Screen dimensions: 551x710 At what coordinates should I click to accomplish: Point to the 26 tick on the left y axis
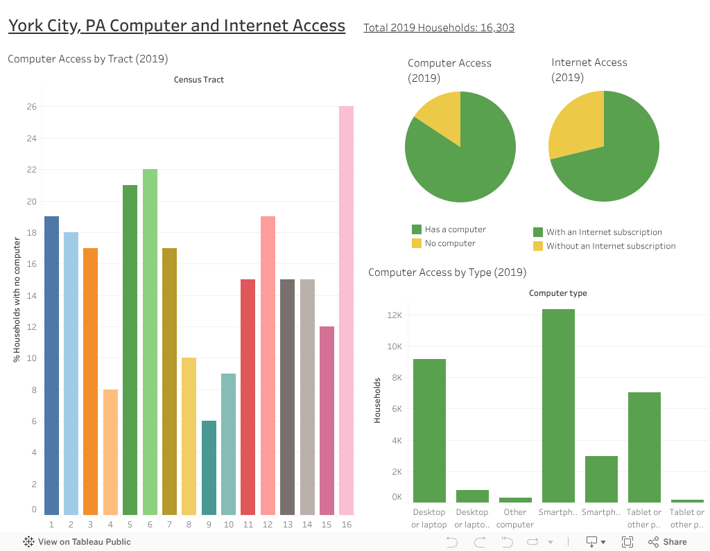[32, 107]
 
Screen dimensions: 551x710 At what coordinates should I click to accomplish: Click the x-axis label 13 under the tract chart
[288, 525]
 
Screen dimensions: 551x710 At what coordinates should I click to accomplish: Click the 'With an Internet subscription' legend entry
[603, 232]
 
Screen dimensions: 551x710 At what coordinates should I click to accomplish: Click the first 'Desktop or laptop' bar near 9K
[429, 430]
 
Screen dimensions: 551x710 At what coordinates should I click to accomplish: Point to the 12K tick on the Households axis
[395, 315]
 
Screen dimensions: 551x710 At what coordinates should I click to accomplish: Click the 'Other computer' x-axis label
[515, 518]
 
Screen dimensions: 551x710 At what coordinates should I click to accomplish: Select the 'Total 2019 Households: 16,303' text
[439, 28]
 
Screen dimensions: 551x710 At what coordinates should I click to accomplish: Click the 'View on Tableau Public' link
[84, 542]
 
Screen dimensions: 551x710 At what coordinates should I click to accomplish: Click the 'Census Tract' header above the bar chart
[198, 80]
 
